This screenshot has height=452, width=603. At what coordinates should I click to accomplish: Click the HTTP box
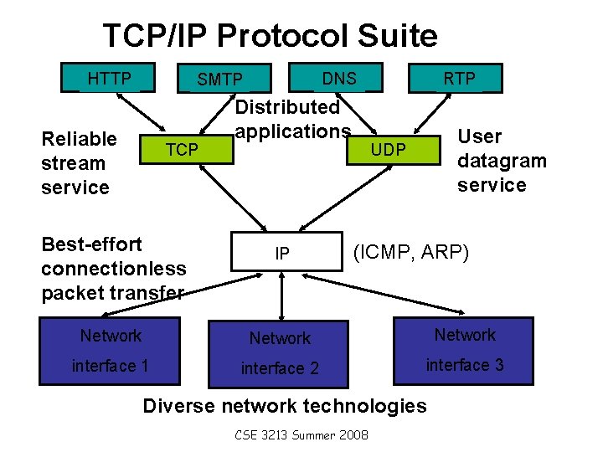[110, 78]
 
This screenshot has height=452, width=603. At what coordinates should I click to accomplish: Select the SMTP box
[220, 80]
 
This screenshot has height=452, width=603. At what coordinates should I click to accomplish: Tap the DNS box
[339, 78]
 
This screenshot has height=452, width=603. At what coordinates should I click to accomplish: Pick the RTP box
[459, 78]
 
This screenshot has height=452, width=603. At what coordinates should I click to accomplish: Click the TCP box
[182, 149]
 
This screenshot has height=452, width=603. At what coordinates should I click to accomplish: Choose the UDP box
[389, 149]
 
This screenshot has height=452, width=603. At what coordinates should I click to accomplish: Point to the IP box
[283, 252]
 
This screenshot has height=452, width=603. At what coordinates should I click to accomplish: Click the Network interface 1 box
[111, 351]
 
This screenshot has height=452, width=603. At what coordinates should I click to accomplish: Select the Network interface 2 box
[280, 353]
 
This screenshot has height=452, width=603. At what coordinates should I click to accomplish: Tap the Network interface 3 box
[465, 350]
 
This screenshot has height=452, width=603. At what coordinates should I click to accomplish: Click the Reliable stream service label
[78, 162]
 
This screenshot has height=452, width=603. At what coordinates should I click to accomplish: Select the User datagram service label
[501, 160]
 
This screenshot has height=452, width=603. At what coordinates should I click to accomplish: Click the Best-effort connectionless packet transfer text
[113, 269]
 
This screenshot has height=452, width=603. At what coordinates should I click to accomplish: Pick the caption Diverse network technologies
[285, 406]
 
